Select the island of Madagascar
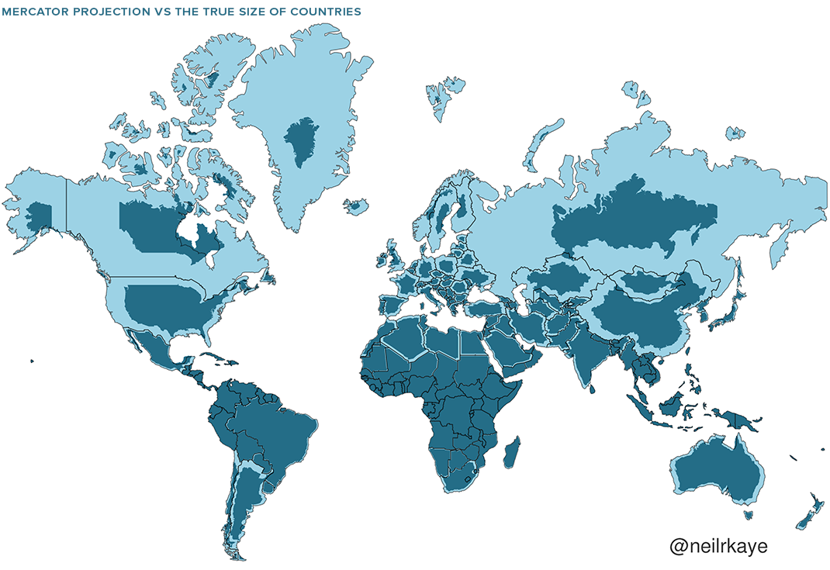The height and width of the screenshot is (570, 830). pos(511,452)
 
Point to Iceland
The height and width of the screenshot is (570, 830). pos(356,206)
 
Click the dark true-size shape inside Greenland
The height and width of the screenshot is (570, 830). pos(301,141)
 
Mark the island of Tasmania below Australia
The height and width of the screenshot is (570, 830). pos(749,513)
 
